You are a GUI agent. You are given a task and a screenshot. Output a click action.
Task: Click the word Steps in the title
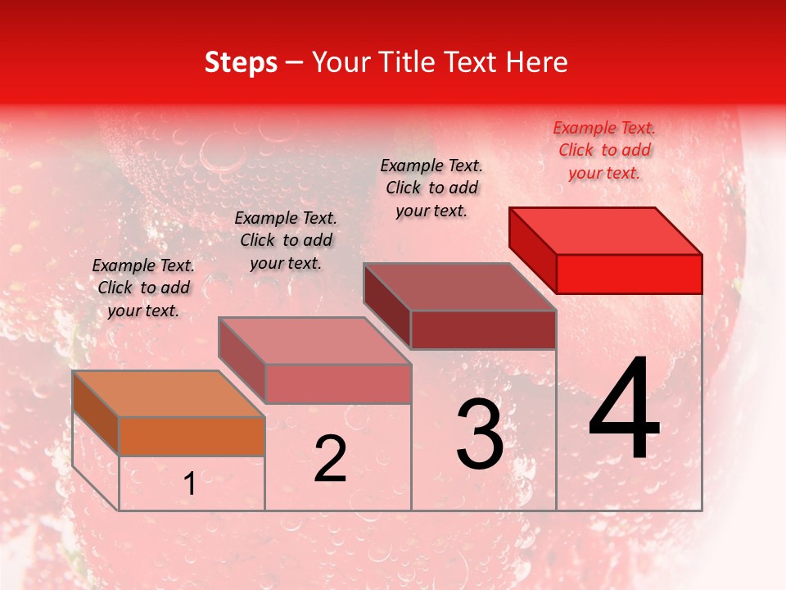pyautogui.click(x=241, y=63)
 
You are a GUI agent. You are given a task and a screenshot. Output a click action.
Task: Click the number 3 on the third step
pyautogui.click(x=480, y=434)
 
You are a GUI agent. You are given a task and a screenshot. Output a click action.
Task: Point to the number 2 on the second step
pyautogui.click(x=330, y=459)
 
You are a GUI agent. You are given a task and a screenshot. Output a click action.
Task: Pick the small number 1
pyautogui.click(x=190, y=484)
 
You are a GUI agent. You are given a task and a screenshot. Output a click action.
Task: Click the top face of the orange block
pyautogui.click(x=169, y=394)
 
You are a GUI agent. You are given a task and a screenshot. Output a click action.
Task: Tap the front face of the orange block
pyautogui.click(x=192, y=436)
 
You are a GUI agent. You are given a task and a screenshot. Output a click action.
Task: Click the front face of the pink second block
pyautogui.click(x=337, y=383)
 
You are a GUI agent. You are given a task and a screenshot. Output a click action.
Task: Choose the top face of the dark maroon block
pyautogui.click(x=460, y=287)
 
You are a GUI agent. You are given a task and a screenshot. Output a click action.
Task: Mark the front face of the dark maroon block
pyautogui.click(x=483, y=329)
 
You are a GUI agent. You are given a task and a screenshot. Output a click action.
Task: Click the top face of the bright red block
pyautogui.click(x=606, y=231)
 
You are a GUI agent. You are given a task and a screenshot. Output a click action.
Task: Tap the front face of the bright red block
pyautogui.click(x=629, y=274)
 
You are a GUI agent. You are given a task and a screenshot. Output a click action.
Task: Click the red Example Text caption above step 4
pyautogui.click(x=604, y=151)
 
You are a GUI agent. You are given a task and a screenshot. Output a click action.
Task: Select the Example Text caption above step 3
pyautogui.click(x=431, y=188)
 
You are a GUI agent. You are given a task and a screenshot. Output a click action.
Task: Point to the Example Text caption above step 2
pyautogui.click(x=286, y=240)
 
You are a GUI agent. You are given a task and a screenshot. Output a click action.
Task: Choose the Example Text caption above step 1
pyautogui.click(x=143, y=288)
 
